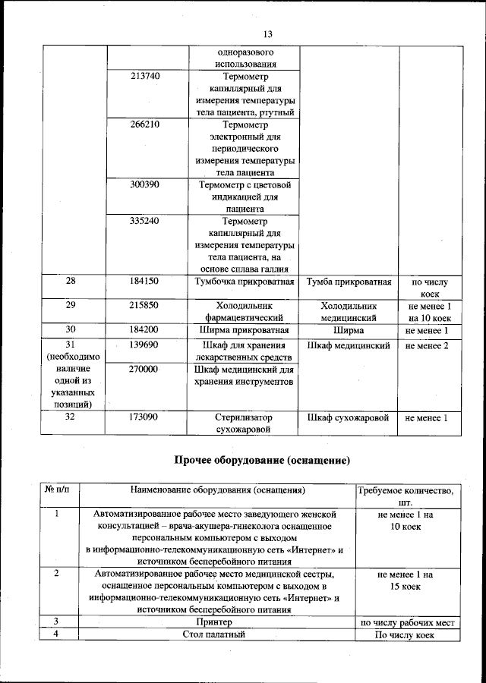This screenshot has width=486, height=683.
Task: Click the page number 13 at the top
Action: click(267, 34)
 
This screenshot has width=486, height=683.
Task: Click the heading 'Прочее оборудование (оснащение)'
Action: click(262, 460)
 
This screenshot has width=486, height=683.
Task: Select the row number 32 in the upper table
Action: click(71, 418)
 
